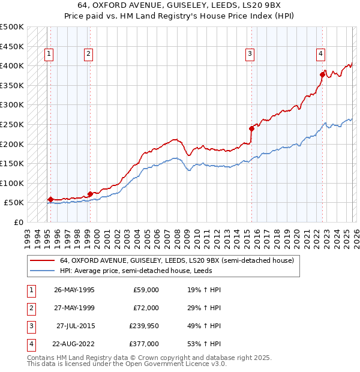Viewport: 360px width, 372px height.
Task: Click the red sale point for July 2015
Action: coord(251,128)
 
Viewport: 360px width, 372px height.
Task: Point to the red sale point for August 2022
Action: coord(322,74)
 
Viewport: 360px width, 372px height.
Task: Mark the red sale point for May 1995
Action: coord(50,199)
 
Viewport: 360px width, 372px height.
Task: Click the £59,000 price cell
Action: coord(146,290)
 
